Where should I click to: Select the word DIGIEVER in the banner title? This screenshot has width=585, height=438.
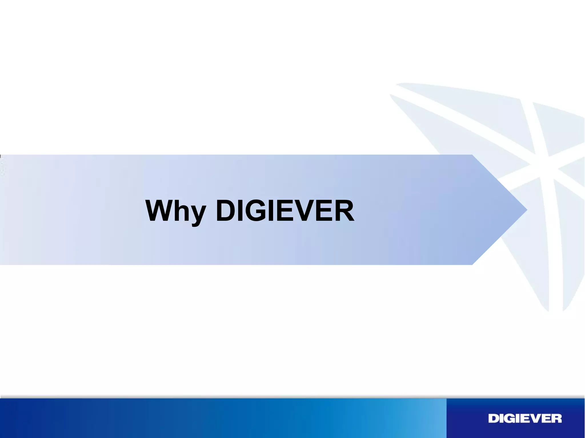(285, 211)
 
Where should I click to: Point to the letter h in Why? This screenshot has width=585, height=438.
(182, 211)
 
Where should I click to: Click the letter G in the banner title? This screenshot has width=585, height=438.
(254, 211)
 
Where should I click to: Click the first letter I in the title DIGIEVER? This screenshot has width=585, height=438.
(240, 211)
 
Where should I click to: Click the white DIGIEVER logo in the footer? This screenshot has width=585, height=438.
(525, 419)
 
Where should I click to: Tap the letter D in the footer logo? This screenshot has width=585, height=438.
(494, 419)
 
